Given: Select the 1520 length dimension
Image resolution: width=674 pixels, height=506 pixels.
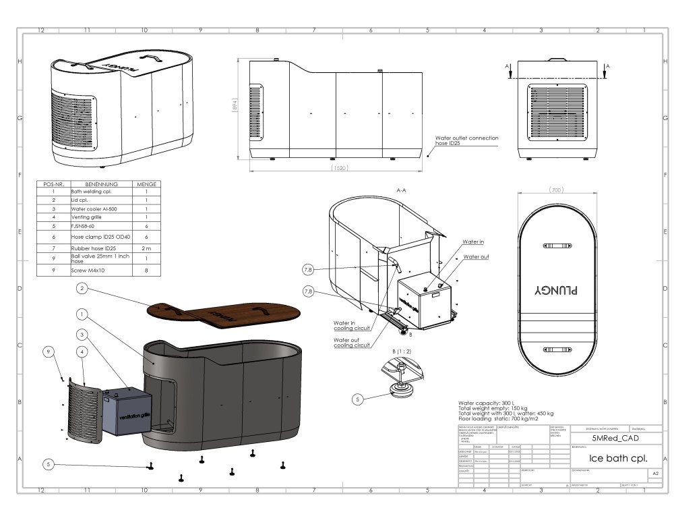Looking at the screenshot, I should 340,166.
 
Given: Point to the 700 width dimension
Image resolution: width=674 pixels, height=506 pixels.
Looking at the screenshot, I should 557,190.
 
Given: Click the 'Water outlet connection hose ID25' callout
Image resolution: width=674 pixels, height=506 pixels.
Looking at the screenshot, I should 467,141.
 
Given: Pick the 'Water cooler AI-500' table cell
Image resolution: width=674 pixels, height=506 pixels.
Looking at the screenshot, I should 95,208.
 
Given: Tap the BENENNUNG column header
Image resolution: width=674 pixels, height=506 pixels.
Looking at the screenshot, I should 101,184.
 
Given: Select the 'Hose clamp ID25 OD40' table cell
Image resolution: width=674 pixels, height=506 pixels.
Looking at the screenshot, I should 100,237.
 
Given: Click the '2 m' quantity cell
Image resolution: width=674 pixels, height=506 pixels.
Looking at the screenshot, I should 146,249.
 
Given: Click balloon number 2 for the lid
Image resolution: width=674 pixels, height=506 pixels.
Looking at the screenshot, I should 82,289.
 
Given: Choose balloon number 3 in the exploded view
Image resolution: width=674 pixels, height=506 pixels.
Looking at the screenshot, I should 82,334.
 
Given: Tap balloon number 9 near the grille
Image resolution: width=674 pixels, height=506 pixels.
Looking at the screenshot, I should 48,352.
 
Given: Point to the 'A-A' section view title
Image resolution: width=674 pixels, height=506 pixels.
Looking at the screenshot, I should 400,190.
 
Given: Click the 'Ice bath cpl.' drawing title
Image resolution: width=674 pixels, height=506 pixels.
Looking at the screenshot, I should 618,457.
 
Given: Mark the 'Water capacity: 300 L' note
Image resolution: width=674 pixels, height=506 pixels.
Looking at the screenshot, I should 486,402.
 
